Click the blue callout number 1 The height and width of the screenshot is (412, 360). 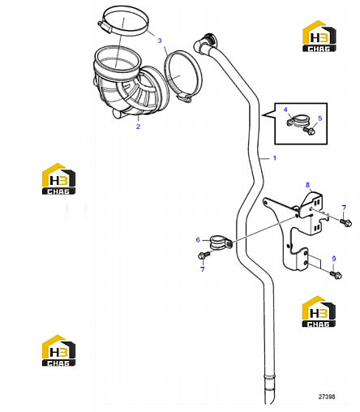pyautogui.click(x=275, y=158)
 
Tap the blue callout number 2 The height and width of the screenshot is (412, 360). pyautogui.click(x=138, y=127)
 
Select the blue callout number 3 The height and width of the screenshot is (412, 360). pyautogui.click(x=160, y=41)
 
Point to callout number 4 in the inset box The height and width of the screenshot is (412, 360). pyautogui.click(x=285, y=109)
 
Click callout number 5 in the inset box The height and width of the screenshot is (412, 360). pyautogui.click(x=320, y=118)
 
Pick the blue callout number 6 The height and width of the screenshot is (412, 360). pyautogui.click(x=198, y=240)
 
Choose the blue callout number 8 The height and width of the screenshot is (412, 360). pyautogui.click(x=307, y=185)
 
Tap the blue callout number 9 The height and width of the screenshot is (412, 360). pyautogui.click(x=334, y=259)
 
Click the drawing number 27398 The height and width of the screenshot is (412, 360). pyautogui.click(x=327, y=397)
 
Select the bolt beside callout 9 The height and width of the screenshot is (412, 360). pyautogui.click(x=336, y=275)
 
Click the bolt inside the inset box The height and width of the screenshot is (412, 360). pyautogui.click(x=309, y=131)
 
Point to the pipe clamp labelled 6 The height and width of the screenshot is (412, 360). pyautogui.click(x=221, y=242)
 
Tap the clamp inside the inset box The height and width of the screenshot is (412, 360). pyautogui.click(x=297, y=122)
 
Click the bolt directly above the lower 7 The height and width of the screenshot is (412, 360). pyautogui.click(x=204, y=255)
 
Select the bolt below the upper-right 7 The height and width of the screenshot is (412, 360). pyautogui.click(x=346, y=222)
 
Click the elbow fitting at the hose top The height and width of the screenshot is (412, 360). pyautogui.click(x=204, y=43)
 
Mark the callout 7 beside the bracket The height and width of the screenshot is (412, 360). pyautogui.click(x=344, y=208)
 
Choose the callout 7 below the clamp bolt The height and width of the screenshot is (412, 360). pyautogui.click(x=203, y=269)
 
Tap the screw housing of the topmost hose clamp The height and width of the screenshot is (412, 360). pyautogui.click(x=105, y=27)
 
